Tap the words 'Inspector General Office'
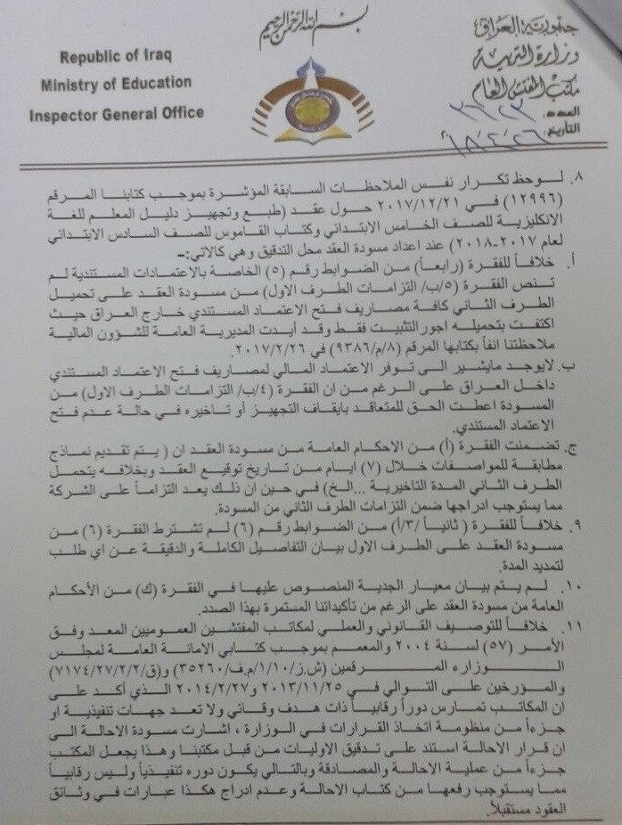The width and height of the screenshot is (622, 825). coord(117,113)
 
